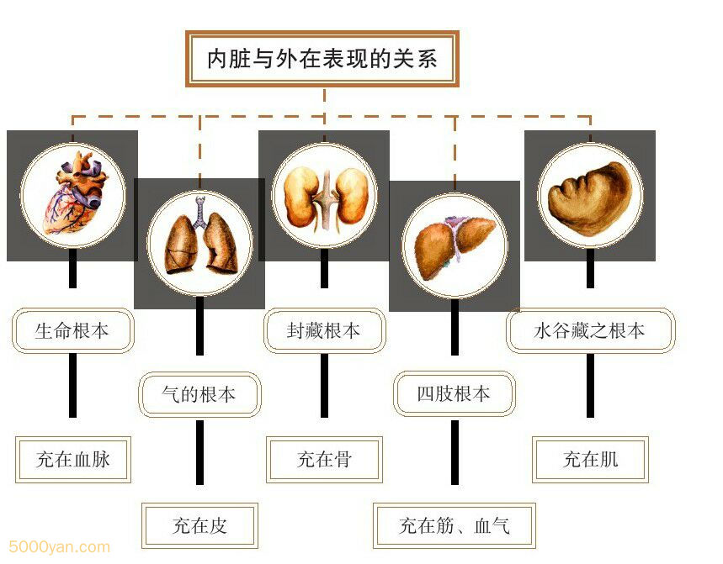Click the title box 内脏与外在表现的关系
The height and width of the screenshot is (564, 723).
click(322, 59)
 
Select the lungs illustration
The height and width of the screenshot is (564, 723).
click(199, 244)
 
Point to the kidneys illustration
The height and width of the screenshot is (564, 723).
click(324, 198)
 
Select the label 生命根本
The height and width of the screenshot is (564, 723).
click(72, 330)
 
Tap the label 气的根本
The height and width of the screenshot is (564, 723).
click(199, 393)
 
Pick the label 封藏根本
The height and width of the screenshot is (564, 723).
click(324, 330)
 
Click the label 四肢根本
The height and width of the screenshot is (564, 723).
click(454, 393)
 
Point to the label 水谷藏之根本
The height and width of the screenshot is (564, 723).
click(590, 330)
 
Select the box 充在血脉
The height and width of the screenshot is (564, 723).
click(73, 459)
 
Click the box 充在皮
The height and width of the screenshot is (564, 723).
click(199, 526)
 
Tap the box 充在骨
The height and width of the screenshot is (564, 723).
click(324, 459)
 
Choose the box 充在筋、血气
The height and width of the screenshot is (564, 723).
click(455, 526)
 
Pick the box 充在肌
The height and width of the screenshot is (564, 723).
click(590, 459)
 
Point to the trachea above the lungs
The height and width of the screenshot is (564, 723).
click(199, 212)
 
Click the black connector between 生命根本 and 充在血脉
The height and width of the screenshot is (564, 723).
click(72, 384)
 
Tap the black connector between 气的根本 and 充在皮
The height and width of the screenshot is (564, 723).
click(199, 451)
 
